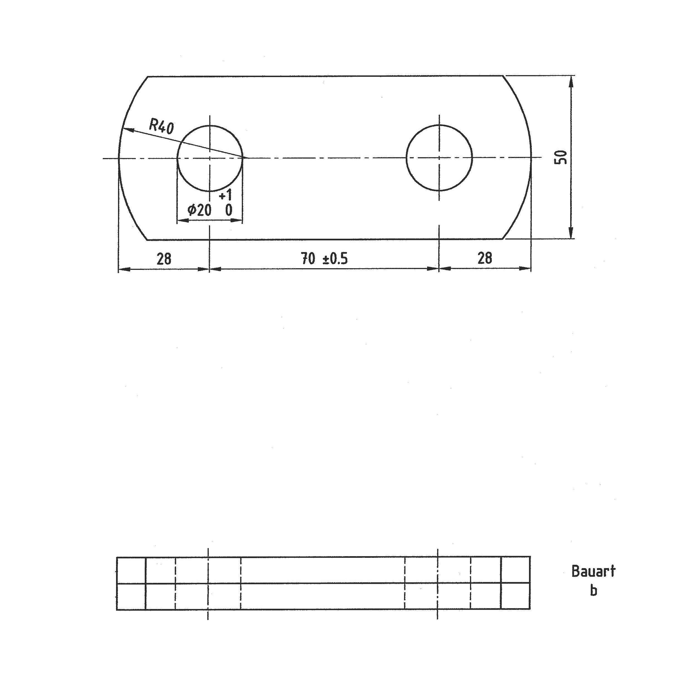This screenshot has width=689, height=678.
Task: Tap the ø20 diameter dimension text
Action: point(200,210)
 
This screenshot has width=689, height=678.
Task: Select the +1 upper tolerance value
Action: point(225,195)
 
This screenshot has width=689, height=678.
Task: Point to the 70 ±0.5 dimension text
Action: point(324,258)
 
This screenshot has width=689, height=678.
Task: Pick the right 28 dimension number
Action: point(484,258)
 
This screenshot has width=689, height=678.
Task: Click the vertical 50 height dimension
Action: point(560,157)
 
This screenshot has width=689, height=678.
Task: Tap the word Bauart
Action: point(593,571)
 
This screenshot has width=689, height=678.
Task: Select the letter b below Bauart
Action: point(593,590)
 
